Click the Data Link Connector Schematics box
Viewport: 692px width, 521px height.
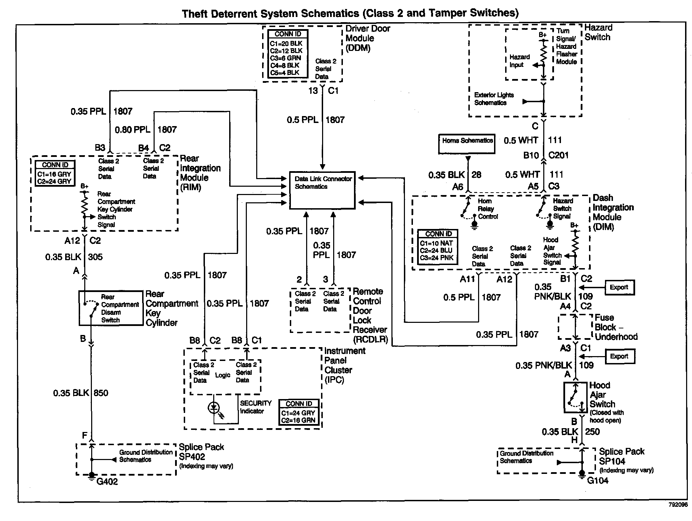tap(322, 190)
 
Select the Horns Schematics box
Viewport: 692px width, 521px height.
tap(467, 144)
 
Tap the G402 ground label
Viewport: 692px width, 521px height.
tap(107, 482)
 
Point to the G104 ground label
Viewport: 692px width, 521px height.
tap(598, 480)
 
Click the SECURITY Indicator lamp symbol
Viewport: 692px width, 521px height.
tap(214, 408)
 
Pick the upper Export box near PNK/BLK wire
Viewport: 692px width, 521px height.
tap(619, 288)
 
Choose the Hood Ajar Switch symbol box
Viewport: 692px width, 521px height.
tap(575, 397)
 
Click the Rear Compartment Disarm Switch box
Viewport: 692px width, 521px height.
tap(111, 308)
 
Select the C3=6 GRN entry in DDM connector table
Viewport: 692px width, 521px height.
tap(285, 58)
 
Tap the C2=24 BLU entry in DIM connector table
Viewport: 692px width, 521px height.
tap(436, 250)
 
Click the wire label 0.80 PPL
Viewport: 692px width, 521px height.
tap(132, 130)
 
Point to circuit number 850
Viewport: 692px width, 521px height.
tap(101, 393)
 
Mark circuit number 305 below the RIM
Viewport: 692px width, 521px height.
tap(95, 257)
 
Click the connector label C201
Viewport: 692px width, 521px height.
tap(559, 155)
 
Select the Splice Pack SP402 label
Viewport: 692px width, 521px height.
tap(201, 452)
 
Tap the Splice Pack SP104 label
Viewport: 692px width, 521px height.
tap(622, 457)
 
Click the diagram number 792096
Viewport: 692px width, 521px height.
tap(678, 505)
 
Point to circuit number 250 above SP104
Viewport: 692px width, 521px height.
tap(592, 432)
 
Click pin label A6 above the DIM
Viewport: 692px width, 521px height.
tap(458, 187)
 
